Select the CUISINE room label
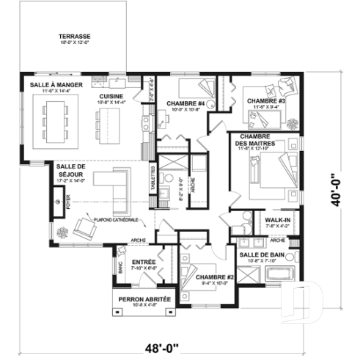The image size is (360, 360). pyautogui.click(x=111, y=96)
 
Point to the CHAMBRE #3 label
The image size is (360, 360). pyautogui.click(x=265, y=101)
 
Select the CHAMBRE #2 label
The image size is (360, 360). pyautogui.click(x=214, y=277)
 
